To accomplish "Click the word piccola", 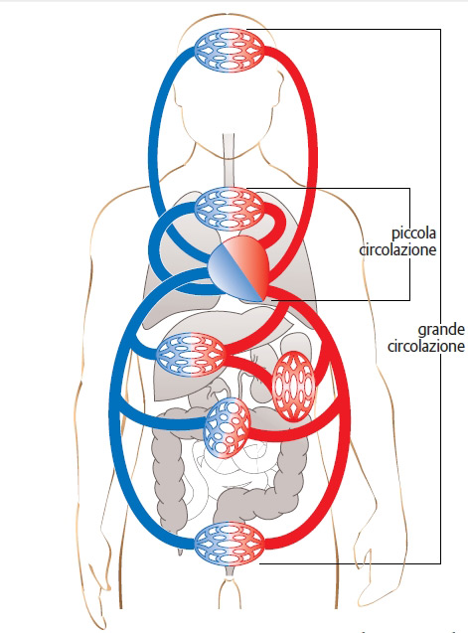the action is point(414,234).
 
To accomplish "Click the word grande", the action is point(441,330).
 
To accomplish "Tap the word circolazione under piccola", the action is point(397,249).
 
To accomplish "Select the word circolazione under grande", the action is point(426,347).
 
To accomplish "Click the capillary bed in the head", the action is point(230,50).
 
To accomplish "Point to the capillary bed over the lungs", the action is point(230,209).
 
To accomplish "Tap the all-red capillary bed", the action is point(293,387).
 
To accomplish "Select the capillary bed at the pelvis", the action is point(230,543).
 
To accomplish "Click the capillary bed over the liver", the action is point(191,355).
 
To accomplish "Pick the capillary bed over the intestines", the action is point(227,427).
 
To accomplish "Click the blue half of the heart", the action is point(229,274).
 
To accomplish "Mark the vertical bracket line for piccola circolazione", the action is point(409,244).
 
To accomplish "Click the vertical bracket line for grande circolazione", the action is point(440,296).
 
